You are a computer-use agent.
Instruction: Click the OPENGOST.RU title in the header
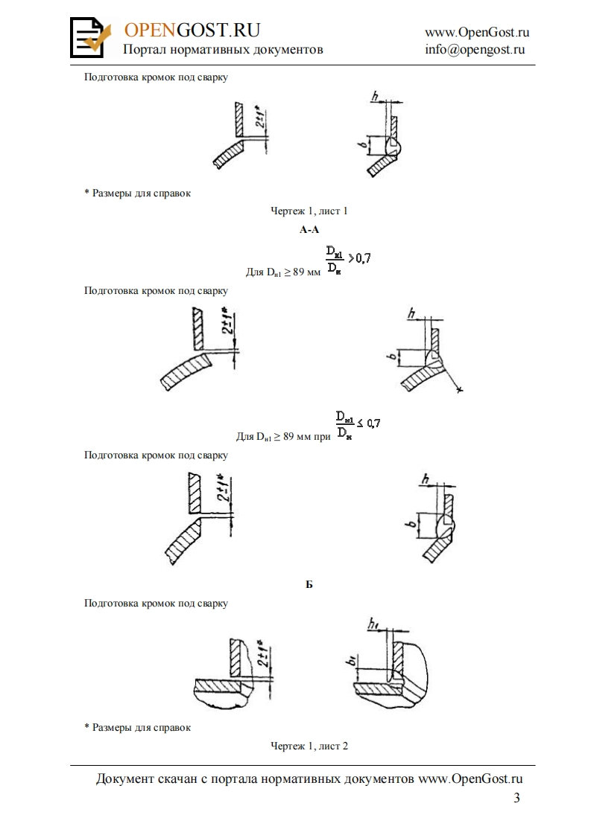tap(192, 30)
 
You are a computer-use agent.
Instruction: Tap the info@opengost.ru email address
tap(475, 50)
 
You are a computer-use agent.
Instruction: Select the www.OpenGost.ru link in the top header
tap(477, 32)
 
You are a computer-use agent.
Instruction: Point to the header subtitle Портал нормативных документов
tap(223, 50)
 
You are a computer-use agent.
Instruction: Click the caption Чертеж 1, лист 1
tap(309, 211)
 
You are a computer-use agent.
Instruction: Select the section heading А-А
tap(309, 231)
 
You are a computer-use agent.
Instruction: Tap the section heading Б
tap(309, 585)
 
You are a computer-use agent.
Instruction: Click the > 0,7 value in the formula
tap(360, 258)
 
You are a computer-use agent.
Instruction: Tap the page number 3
tap(517, 799)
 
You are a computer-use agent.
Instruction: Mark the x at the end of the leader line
tap(459, 389)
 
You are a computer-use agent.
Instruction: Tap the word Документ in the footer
tap(125, 778)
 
